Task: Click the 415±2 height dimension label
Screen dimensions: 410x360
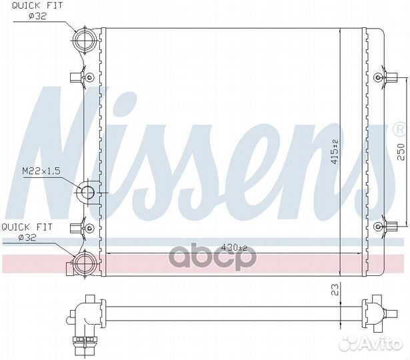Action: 335,152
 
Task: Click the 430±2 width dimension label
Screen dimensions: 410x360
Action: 234,247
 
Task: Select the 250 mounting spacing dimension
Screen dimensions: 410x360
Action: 401,151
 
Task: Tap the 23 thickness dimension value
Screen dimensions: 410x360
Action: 335,290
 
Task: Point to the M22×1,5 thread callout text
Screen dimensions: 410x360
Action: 41,171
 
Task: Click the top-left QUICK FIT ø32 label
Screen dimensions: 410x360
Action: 37,11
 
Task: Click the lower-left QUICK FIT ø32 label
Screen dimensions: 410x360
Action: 27,232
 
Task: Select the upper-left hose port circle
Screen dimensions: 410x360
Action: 85,41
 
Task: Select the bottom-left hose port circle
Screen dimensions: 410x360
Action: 85,264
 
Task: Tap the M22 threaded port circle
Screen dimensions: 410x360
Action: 87,193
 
